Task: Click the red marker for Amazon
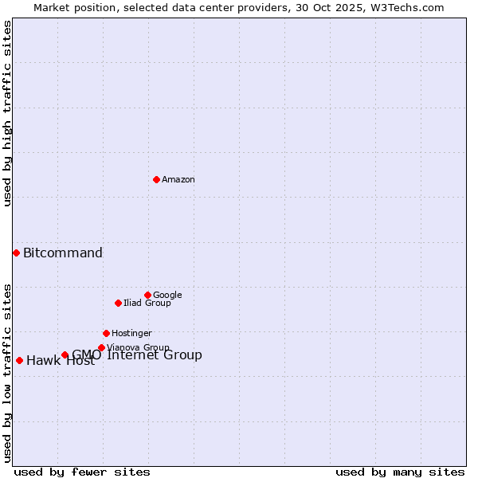pos(156,179)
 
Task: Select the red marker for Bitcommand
pos(16,253)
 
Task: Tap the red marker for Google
pos(147,295)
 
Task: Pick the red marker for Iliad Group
pos(118,303)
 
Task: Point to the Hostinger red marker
pos(106,333)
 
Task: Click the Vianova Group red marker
pos(101,347)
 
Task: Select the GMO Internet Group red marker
pos(65,355)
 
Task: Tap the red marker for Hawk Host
pos(19,360)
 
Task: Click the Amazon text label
pos(178,180)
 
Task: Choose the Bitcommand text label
pos(63,253)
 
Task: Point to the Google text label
pos(167,296)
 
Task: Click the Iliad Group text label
pos(147,304)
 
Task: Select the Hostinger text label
pos(131,334)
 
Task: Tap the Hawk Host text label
pos(61,361)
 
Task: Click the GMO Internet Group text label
pos(137,355)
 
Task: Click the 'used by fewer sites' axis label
pos(82,472)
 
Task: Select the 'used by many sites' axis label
pos(400,472)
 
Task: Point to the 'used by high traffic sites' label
pos(7,113)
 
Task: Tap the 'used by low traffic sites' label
pos(7,373)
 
